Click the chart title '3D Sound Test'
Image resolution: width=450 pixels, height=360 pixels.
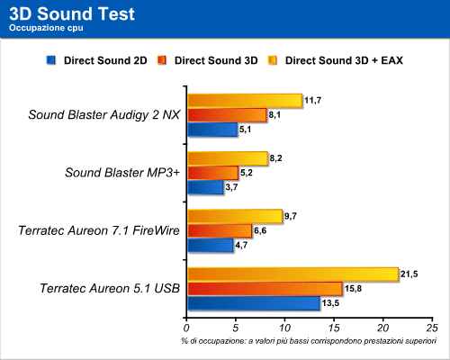point(72,13)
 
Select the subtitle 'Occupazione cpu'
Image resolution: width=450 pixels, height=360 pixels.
point(46,28)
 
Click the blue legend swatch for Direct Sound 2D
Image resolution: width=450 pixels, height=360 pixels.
point(51,60)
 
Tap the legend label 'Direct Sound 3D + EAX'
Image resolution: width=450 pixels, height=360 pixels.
point(344,60)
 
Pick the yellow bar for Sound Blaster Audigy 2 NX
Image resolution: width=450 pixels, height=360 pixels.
point(245,101)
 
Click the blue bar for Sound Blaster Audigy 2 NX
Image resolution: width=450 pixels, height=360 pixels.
point(212,130)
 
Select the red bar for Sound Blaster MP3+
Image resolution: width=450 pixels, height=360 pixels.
point(212,173)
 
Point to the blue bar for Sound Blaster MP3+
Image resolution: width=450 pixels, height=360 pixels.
point(205,187)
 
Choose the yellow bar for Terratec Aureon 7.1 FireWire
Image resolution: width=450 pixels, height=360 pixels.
point(235,216)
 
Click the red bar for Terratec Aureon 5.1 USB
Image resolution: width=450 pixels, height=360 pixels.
point(265,289)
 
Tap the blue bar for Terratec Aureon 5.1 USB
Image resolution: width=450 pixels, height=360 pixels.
point(254,303)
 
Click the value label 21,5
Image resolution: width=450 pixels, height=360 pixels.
point(409,274)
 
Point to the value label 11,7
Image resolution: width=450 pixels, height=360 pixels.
point(313,100)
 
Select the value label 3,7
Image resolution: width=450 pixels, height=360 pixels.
point(231,187)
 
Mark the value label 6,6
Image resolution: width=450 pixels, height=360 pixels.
point(260,230)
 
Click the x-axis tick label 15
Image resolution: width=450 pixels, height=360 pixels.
point(334,328)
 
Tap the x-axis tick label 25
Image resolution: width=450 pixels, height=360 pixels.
point(432,328)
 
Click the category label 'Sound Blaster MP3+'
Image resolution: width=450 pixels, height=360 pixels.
point(122,173)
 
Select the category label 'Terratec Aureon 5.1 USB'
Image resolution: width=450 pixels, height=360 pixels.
point(110,288)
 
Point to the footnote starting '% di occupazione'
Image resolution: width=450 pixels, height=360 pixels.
point(309,341)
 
